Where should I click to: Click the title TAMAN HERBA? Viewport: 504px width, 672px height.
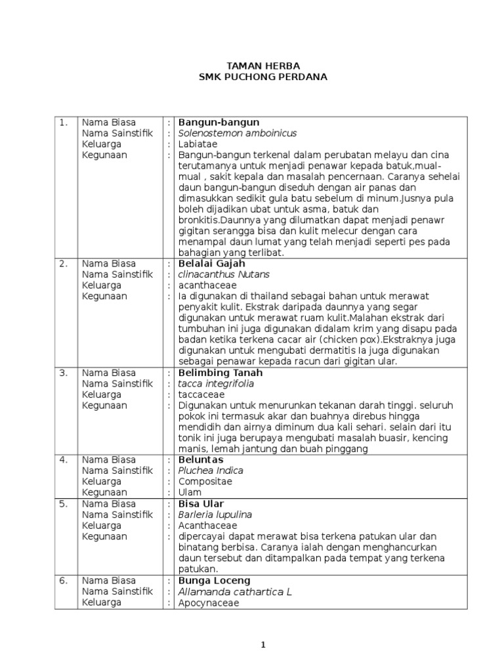262,66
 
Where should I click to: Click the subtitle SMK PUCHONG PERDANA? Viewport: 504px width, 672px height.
262,77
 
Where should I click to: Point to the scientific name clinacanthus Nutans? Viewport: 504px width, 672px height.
224,274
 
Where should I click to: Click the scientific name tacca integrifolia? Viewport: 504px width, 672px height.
216,383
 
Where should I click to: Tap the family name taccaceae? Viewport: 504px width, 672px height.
201,394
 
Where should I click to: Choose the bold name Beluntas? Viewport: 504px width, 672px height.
201,459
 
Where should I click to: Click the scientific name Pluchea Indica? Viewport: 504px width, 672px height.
211,471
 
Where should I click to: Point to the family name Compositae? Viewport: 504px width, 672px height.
205,482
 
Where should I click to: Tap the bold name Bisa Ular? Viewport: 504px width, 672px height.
201,504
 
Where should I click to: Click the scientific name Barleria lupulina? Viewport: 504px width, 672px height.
215,515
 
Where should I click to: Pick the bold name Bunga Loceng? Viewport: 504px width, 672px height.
214,581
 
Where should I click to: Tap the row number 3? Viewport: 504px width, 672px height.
63,373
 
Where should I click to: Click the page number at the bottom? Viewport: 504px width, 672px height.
262,645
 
